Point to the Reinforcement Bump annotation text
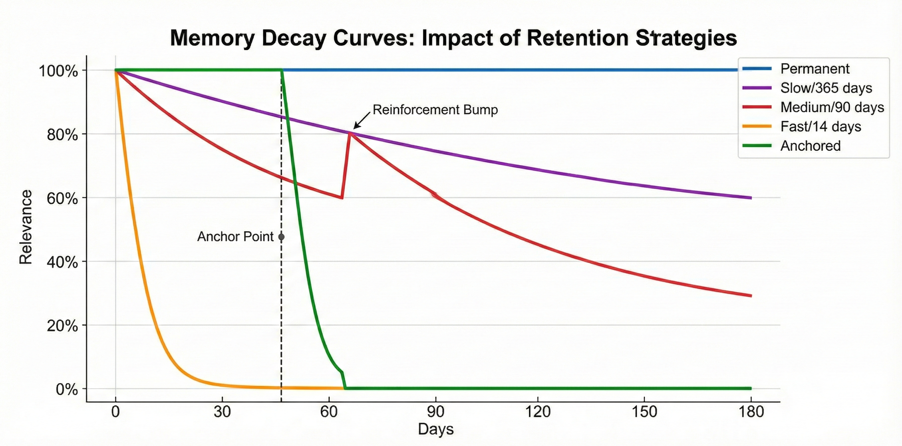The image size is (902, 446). [x=435, y=110]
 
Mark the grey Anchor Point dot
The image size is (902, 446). [x=281, y=237]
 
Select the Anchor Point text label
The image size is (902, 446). [x=235, y=237]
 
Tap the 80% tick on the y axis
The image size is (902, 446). [x=62, y=135]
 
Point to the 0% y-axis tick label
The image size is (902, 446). [x=67, y=389]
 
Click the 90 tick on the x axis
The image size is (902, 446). [x=436, y=412]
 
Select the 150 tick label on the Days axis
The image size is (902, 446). [x=644, y=412]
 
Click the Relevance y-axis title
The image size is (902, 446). [x=26, y=227]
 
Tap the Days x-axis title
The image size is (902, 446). [x=436, y=429]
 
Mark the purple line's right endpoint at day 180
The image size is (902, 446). [x=751, y=198]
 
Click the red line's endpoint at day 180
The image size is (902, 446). [x=751, y=296]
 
